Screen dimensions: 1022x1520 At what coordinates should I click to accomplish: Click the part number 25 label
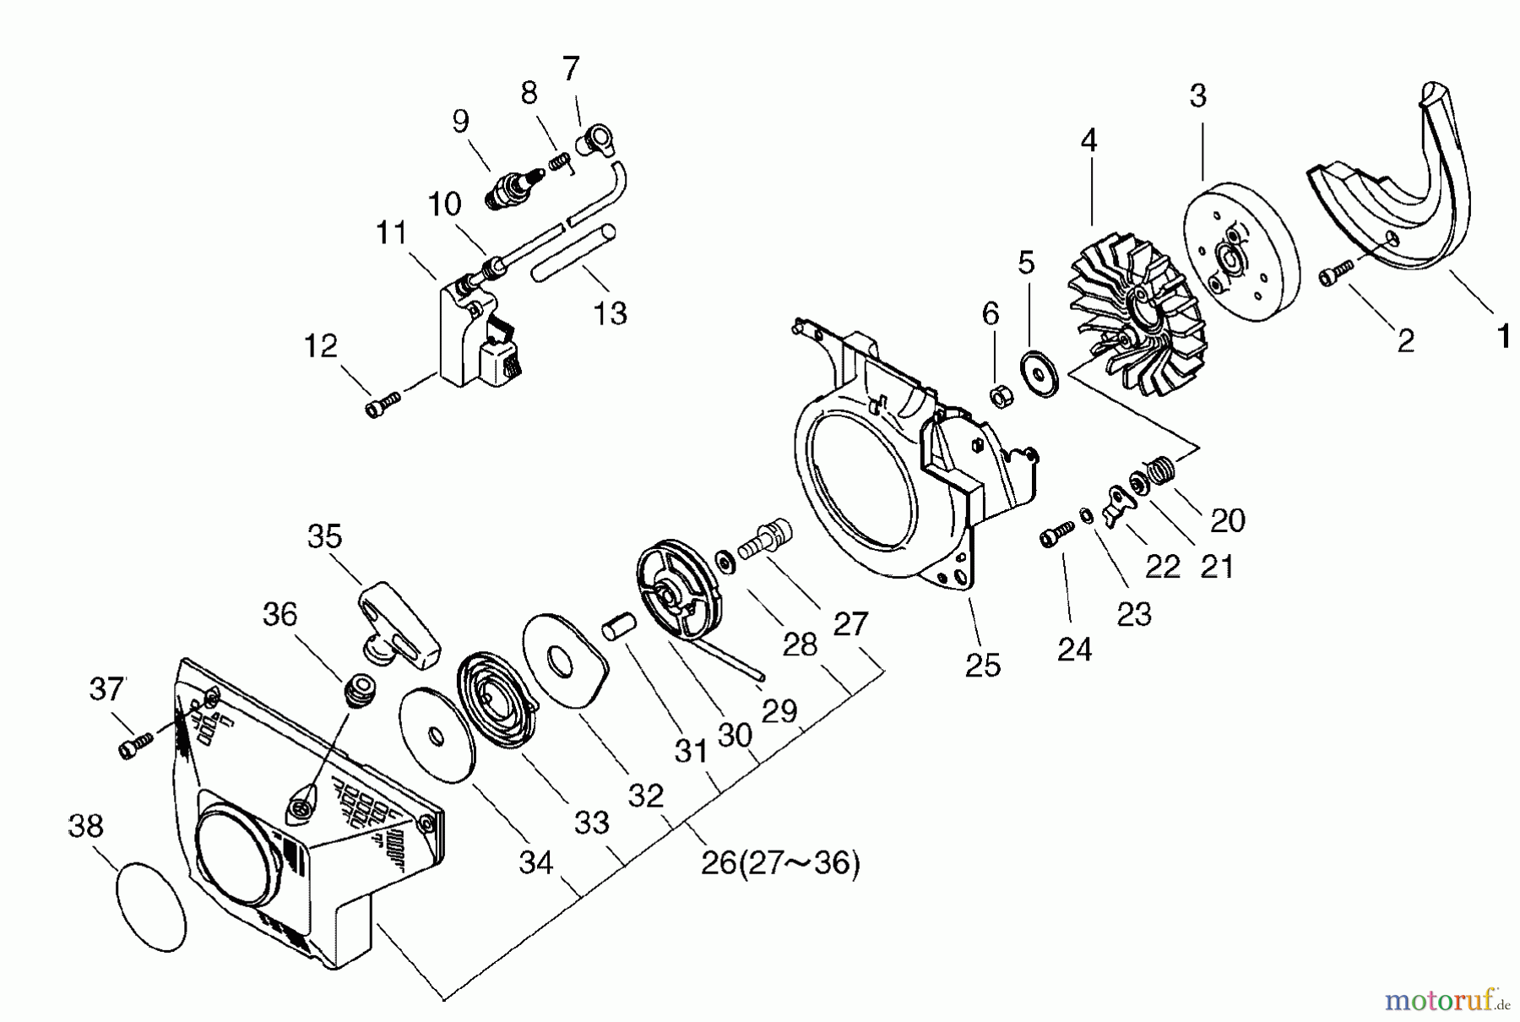pyautogui.click(x=984, y=665)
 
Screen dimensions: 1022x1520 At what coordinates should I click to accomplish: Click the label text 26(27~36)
pyautogui.click(x=780, y=865)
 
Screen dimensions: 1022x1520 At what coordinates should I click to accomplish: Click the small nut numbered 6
pyautogui.click(x=1002, y=394)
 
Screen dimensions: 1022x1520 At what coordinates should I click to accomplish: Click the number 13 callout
pyautogui.click(x=611, y=313)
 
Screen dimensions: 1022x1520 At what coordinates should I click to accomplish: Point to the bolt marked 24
pyautogui.click(x=1054, y=534)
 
